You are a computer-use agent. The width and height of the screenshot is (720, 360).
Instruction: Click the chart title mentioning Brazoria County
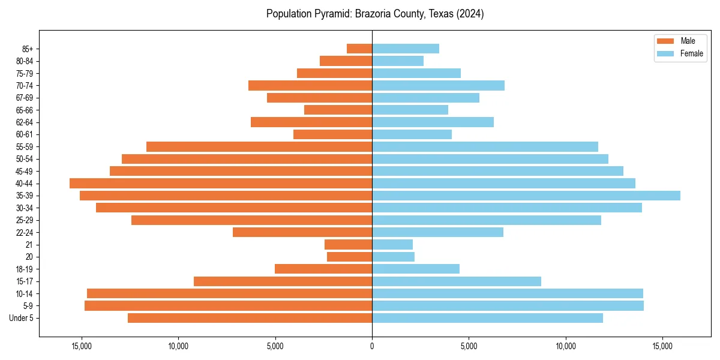coord(375,14)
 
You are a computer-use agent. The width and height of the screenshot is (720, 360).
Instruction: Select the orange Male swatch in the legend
coord(665,41)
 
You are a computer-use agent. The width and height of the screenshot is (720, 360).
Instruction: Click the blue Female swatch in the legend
coord(665,53)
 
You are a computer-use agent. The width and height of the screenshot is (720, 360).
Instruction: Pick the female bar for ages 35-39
coord(526,196)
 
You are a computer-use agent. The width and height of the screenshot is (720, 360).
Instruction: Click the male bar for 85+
coord(359,49)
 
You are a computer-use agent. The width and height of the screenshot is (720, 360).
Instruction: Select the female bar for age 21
coord(392,244)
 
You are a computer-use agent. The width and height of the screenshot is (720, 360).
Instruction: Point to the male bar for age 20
coord(350,257)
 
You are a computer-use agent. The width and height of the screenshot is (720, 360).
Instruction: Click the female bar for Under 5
coord(487,318)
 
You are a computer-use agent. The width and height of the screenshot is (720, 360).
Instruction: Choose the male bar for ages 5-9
coord(229,305)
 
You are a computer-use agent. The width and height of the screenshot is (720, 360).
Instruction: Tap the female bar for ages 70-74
coord(438,85)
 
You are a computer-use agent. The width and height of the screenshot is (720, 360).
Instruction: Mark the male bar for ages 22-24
coord(302,232)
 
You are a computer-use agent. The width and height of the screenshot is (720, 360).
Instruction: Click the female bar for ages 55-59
coord(485,146)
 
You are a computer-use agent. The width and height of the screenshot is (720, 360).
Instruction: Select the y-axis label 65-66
coord(24,110)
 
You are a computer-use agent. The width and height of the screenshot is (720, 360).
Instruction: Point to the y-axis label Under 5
coord(22,318)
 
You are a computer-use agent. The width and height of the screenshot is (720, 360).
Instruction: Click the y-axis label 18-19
coord(24,269)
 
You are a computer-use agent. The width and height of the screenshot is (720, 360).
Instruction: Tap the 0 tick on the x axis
coord(372,346)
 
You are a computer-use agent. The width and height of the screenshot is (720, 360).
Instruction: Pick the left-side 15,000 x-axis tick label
coord(82,346)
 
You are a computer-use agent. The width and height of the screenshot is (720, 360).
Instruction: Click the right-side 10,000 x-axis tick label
coord(566,346)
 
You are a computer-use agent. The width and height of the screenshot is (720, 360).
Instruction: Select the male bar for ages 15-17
coord(283,281)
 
